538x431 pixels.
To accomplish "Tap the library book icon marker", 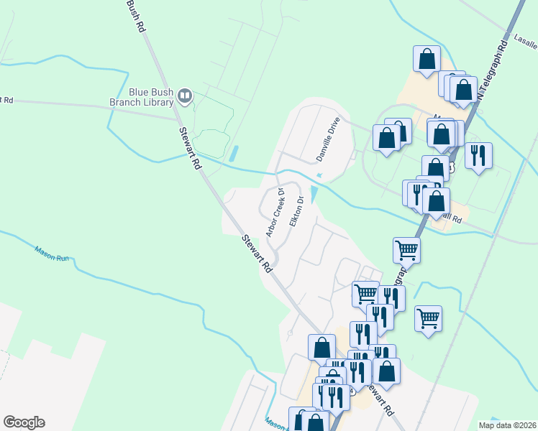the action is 185,96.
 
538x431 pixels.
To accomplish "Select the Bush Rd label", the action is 135,16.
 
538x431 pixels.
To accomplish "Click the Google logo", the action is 24,422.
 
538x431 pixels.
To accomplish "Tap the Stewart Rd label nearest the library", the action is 190,148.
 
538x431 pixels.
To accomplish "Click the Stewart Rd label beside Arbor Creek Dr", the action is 257,254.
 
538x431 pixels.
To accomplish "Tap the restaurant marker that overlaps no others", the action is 478,155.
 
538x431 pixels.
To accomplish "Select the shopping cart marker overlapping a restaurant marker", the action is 365,292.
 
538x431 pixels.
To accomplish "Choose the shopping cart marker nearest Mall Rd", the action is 406,249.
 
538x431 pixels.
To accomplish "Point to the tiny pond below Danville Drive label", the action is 319,175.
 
